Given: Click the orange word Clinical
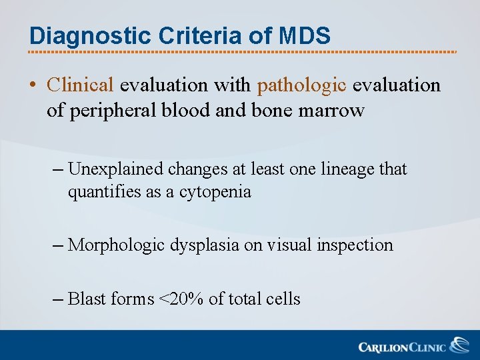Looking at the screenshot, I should click(81, 85).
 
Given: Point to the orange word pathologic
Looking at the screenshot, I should click(301, 85).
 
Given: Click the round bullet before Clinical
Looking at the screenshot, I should click(33, 86).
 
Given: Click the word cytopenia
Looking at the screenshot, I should click(215, 193).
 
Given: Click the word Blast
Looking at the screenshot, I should click(87, 299).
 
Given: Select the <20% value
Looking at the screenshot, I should click(181, 299).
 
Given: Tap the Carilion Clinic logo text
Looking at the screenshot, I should click(402, 347).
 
